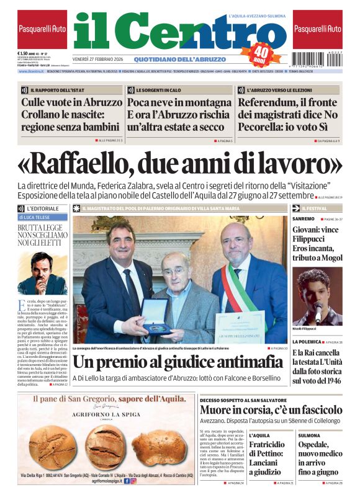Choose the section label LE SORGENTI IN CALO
[x=159, y=90]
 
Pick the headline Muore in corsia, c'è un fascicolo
[x=271, y=410]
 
